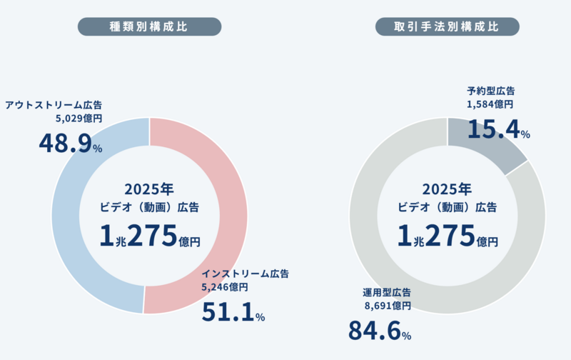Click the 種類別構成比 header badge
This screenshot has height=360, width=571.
[x=149, y=26]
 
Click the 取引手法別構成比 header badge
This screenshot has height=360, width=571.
[x=447, y=26]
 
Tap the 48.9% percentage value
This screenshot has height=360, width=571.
[x=70, y=144]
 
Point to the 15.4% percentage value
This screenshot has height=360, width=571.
[x=498, y=129]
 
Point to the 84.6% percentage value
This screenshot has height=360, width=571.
[x=379, y=331]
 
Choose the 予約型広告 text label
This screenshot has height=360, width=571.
[x=491, y=91]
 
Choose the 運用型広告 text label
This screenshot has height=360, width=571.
[x=386, y=293]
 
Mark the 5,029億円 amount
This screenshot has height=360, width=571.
[x=79, y=119]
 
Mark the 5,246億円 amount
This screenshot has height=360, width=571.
[x=225, y=287]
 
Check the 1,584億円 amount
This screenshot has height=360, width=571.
[x=490, y=104]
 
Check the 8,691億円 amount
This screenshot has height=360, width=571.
[x=388, y=306]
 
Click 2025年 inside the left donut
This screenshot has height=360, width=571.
[x=149, y=189]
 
